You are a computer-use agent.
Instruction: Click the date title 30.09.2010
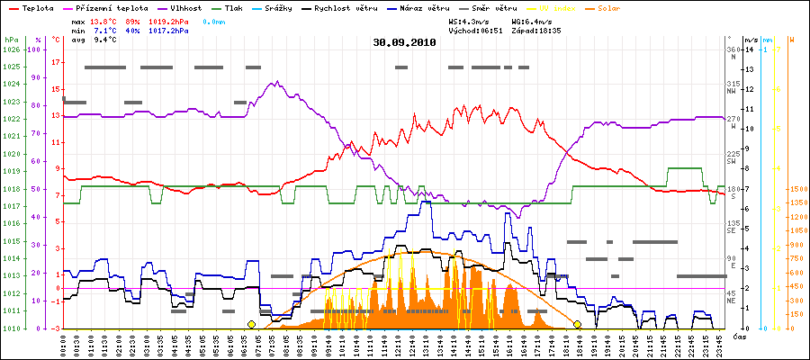pyautogui.click(x=404, y=41)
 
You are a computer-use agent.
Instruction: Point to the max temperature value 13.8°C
pyautogui.click(x=104, y=19)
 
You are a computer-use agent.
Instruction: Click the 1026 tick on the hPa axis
pyautogui.click(x=11, y=49)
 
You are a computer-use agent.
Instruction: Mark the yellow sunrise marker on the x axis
pyautogui.click(x=251, y=324)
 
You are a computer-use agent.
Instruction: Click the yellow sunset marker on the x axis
pyautogui.click(x=577, y=324)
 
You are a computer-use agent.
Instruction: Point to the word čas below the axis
pyautogui.click(x=738, y=337)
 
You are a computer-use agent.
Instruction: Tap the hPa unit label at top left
pyautogui.click(x=11, y=40)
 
